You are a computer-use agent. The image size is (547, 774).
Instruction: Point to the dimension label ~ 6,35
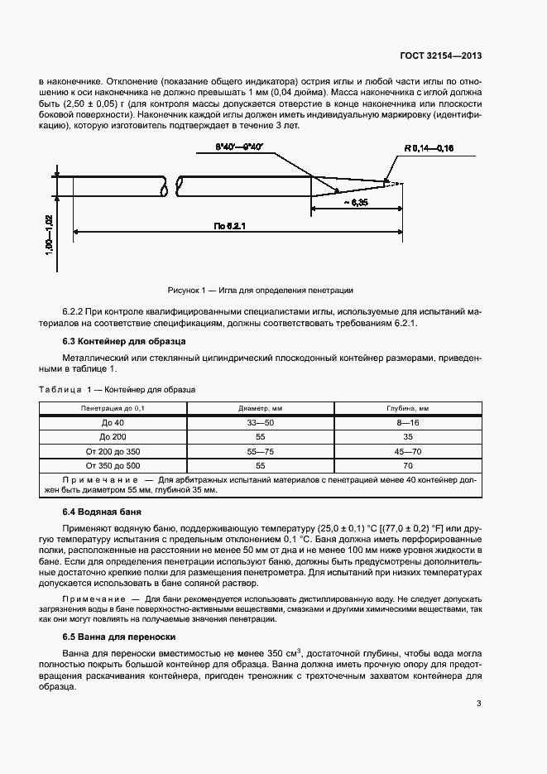354,203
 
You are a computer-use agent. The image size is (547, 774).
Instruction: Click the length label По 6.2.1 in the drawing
230,226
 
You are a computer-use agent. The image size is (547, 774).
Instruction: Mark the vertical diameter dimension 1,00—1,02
49,236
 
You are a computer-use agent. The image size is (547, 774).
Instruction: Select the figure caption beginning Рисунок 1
260,290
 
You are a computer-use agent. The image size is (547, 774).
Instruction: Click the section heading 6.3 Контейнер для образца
124,341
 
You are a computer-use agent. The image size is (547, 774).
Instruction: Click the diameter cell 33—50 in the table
261,422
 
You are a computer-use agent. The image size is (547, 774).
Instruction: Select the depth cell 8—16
407,422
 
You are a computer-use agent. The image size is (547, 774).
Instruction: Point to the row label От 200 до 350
113,451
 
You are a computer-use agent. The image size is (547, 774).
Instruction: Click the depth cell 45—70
407,451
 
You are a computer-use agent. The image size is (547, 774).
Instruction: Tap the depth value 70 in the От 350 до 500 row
407,466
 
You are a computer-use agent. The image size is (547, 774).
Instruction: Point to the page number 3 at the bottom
479,704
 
